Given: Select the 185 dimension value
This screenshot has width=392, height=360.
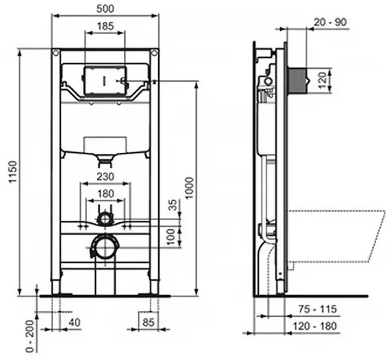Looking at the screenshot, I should click(105, 26).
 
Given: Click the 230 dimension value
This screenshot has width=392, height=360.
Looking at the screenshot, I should click(105, 178).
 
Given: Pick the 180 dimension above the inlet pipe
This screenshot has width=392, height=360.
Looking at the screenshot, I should click(105, 194).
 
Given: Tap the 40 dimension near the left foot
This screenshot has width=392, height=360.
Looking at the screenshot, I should click(73, 324).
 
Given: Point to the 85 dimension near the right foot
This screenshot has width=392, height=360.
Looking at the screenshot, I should click(148, 324).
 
